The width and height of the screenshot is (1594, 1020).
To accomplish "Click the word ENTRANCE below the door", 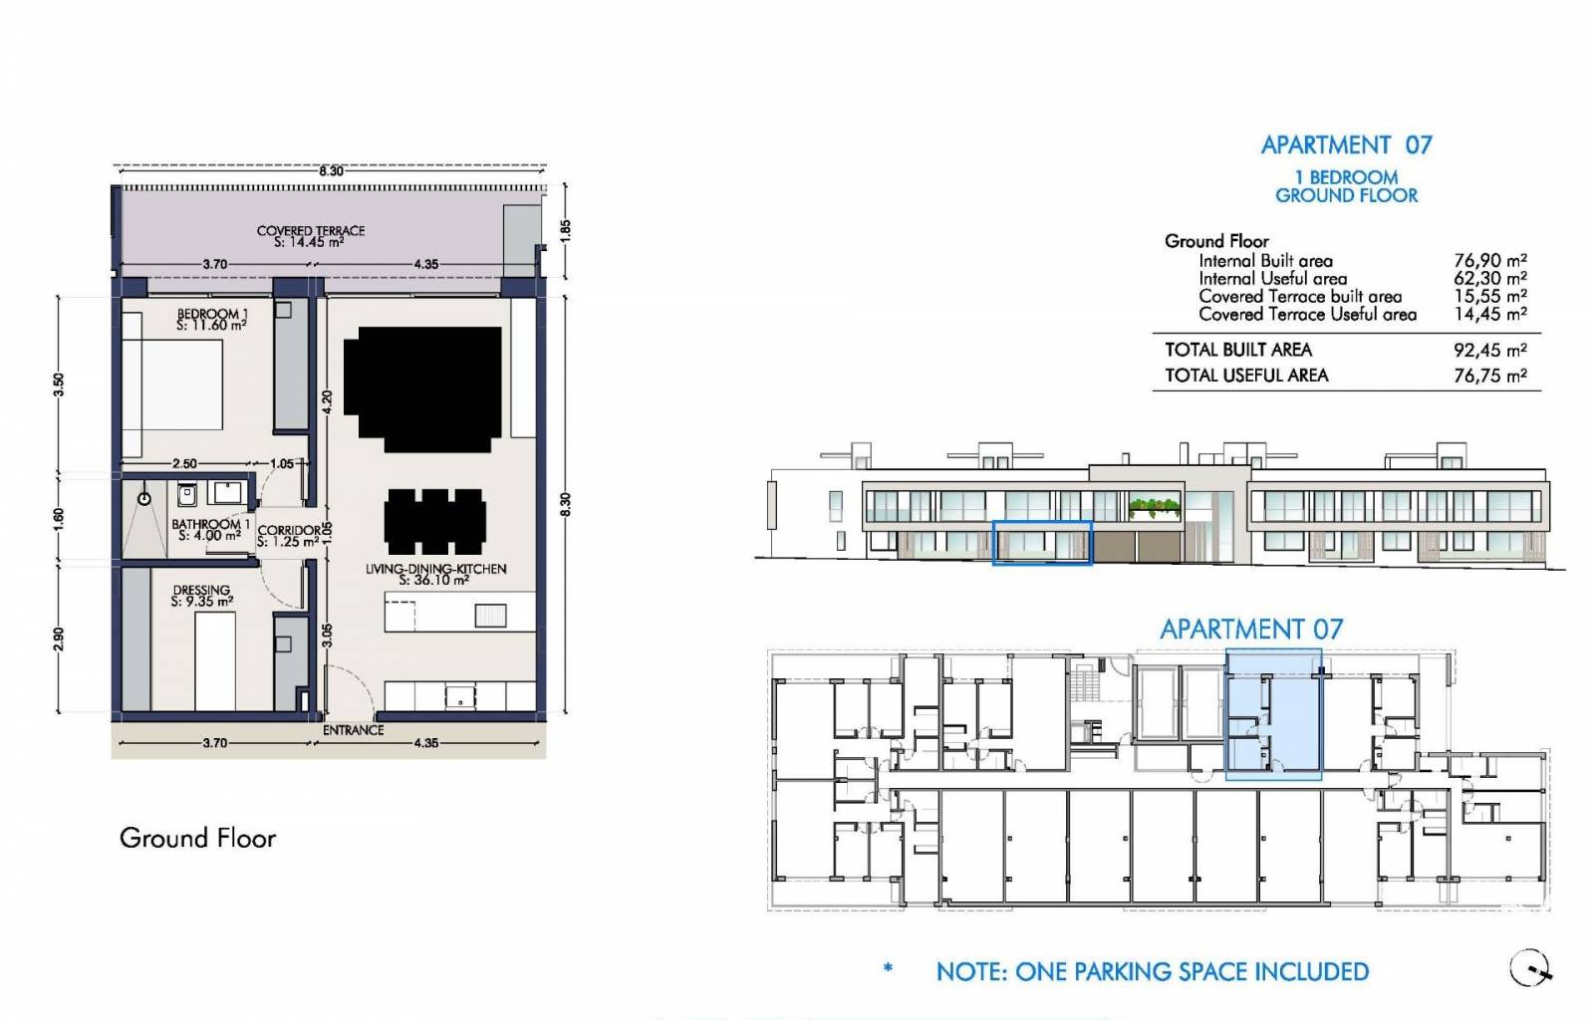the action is pyautogui.click(x=353, y=730).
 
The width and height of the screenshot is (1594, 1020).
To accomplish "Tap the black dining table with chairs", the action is pyautogui.click(x=434, y=521).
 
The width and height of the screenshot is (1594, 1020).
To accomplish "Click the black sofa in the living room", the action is pyautogui.click(x=422, y=389).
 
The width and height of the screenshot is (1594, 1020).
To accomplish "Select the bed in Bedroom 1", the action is pyautogui.click(x=172, y=384).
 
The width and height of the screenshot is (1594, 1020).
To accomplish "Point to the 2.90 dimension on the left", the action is pyautogui.click(x=59, y=638).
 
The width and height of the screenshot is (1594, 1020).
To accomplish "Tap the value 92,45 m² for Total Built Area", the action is pyautogui.click(x=1490, y=350).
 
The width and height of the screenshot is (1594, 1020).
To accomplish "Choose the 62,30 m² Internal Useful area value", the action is pyautogui.click(x=1490, y=278).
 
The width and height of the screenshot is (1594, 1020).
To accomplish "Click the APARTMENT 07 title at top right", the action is pyautogui.click(x=1346, y=145).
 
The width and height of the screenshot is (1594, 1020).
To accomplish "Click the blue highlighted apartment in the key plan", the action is pyautogui.click(x=1273, y=714).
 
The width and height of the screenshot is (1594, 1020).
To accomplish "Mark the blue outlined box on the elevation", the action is pyautogui.click(x=1042, y=544).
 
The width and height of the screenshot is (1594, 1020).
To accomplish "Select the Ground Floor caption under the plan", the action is pyautogui.click(x=198, y=838).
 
